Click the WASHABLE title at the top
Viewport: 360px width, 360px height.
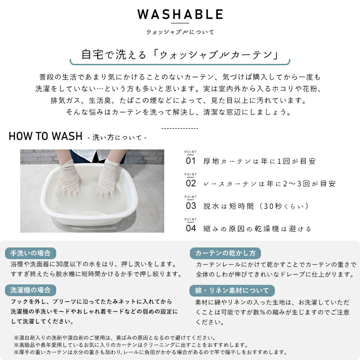click(x=180, y=14)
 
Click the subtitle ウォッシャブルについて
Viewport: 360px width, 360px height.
click(x=180, y=32)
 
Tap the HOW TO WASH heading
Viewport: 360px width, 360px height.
click(x=45, y=136)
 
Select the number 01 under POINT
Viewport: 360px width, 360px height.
click(x=190, y=161)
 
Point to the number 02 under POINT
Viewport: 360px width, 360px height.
click(x=191, y=183)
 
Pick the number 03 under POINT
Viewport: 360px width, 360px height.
click(x=191, y=206)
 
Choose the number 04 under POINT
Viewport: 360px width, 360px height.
click(x=191, y=228)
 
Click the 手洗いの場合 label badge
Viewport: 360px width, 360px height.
click(x=31, y=253)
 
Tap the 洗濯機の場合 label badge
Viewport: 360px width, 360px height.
click(x=31, y=290)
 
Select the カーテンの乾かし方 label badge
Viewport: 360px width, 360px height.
click(x=225, y=253)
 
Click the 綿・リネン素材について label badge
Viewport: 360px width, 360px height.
click(x=232, y=291)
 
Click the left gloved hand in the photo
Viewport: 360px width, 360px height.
click(x=70, y=177)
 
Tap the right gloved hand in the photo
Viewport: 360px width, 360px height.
click(x=108, y=178)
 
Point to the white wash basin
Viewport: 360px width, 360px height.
click(x=89, y=195)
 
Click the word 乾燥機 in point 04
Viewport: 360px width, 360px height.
click(x=266, y=229)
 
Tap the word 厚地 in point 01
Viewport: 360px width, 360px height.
click(x=211, y=161)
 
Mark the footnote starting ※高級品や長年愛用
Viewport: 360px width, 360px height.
click(x=131, y=345)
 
